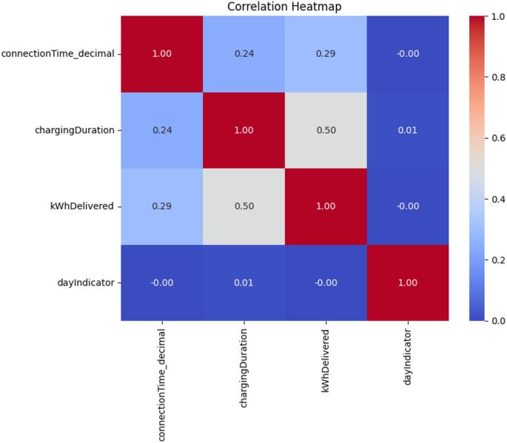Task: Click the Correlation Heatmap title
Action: click(284, 7)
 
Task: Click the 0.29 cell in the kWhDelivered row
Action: click(162, 206)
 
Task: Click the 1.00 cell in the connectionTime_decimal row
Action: click(162, 53)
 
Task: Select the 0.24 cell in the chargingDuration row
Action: click(162, 129)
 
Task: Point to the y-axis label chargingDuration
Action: click(75, 129)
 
